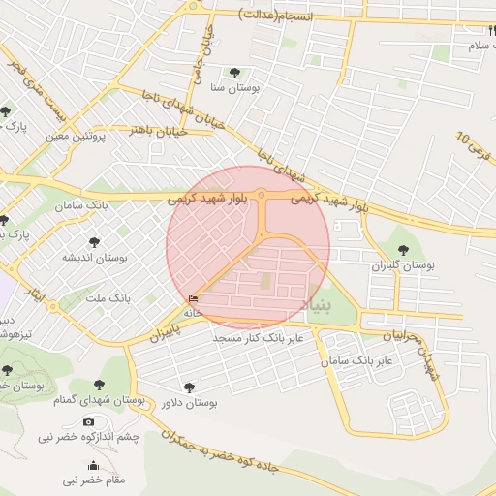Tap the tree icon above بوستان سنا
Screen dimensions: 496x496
[233, 72]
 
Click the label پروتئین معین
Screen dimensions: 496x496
[75, 137]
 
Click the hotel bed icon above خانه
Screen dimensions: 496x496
[194, 299]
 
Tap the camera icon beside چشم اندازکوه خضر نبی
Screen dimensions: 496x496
[90, 421]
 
